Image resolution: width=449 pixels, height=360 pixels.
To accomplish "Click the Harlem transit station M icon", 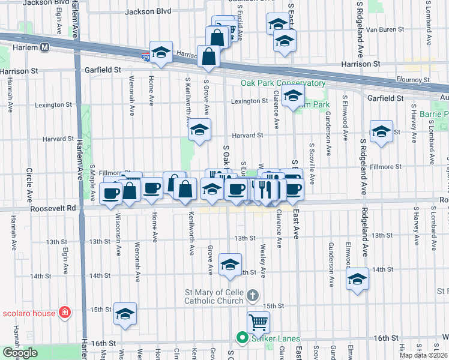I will (45, 47).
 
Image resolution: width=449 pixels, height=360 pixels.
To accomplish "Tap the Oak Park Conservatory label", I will (283, 83).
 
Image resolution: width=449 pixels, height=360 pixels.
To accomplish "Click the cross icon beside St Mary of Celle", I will (253, 295).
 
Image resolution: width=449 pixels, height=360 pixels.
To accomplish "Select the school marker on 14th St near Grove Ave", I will (229, 265).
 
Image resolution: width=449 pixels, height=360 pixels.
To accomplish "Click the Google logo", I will (20, 353).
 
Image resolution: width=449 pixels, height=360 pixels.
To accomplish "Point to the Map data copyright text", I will (424, 355).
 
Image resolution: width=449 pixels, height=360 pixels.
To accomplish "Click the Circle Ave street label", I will (28, 180).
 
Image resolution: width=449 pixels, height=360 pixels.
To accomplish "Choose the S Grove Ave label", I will (206, 95).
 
